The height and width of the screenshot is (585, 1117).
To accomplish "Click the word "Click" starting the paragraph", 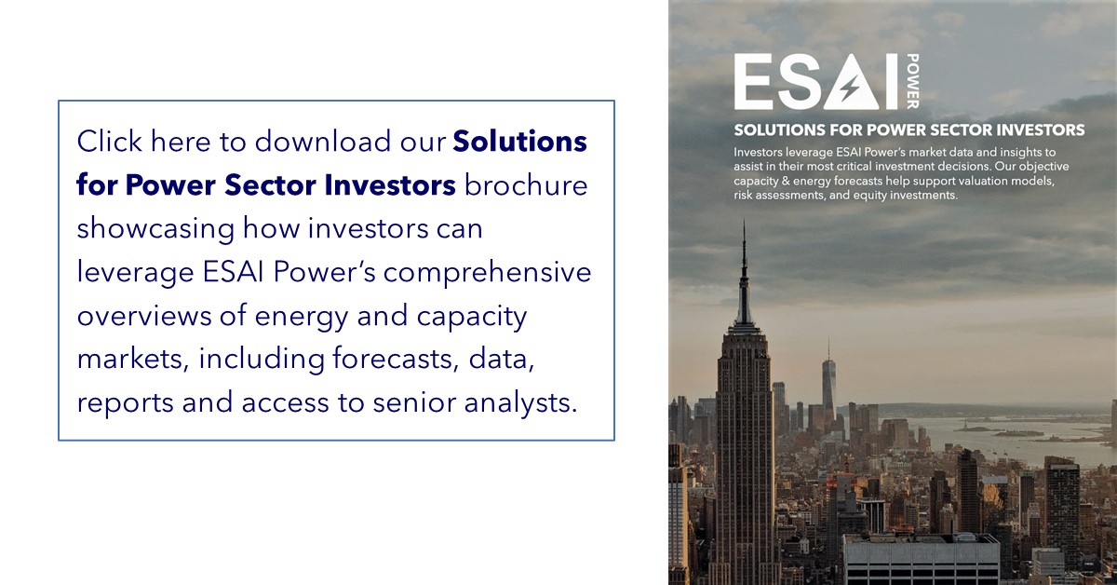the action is pyautogui.click(x=109, y=141).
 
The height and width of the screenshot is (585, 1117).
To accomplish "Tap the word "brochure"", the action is pyautogui.click(x=526, y=184).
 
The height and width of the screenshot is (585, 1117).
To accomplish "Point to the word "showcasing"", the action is pyautogui.click(x=155, y=229).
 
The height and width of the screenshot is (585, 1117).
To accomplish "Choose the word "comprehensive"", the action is pyautogui.click(x=487, y=274).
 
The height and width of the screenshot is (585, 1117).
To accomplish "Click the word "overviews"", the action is pyautogui.click(x=144, y=317).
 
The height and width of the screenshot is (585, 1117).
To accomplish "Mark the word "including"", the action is pyautogui.click(x=262, y=361).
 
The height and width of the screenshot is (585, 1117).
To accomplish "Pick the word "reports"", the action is pyautogui.click(x=125, y=403).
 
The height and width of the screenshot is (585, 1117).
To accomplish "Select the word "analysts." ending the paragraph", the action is pyautogui.click(x=520, y=403).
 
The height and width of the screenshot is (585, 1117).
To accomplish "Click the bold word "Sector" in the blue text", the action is pyautogui.click(x=270, y=184).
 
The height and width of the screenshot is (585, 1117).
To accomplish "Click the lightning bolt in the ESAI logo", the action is pyautogui.click(x=850, y=88).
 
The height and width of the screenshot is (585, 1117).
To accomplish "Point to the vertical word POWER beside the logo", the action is pyautogui.click(x=912, y=81).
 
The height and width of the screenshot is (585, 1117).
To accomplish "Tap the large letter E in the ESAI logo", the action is pyautogui.click(x=754, y=81).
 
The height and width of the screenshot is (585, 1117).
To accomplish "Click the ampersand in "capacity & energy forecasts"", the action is pyautogui.click(x=786, y=181).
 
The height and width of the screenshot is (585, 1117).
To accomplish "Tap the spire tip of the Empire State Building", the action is pyautogui.click(x=744, y=221).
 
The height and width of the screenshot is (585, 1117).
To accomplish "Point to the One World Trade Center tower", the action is pyautogui.click(x=828, y=385).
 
